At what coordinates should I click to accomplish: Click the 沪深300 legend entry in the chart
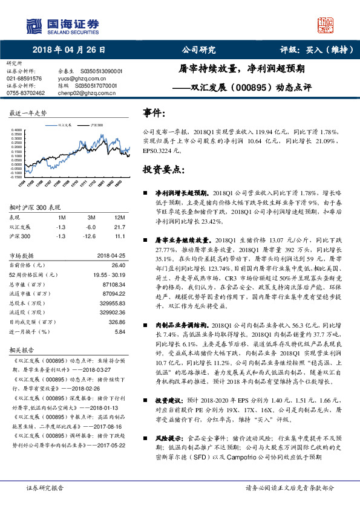93,125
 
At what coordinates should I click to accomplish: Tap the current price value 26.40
119,264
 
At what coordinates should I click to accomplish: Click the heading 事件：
154,113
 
